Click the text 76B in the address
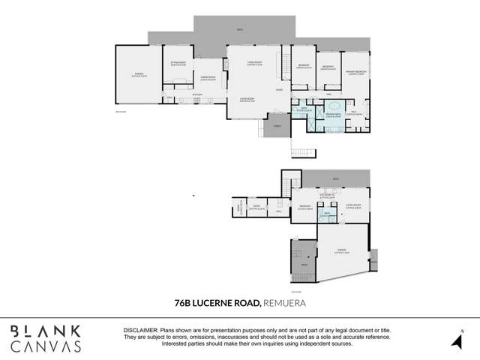pyautogui.click(x=182, y=304)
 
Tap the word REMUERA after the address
pyautogui.click(x=285, y=304)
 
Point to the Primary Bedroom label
pyautogui.click(x=355, y=72)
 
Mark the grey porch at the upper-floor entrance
pyautogui.click(x=277, y=127)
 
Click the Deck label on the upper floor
pyautogui.click(x=240, y=30)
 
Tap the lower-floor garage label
pyautogui.click(x=341, y=251)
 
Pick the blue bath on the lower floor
pyautogui.click(x=327, y=217)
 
